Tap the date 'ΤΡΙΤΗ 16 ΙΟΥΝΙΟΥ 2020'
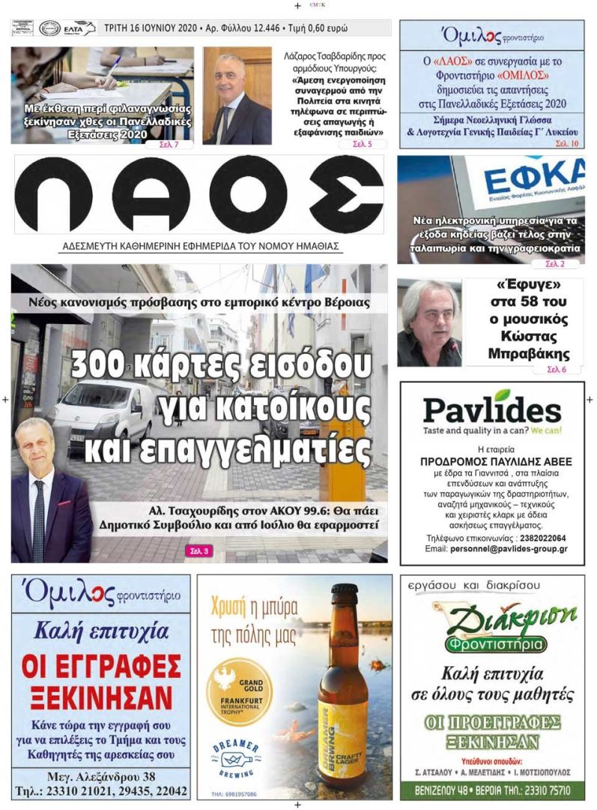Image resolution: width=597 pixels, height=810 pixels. point(149,28)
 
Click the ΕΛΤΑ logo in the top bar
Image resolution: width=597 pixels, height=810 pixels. point(77,28)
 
